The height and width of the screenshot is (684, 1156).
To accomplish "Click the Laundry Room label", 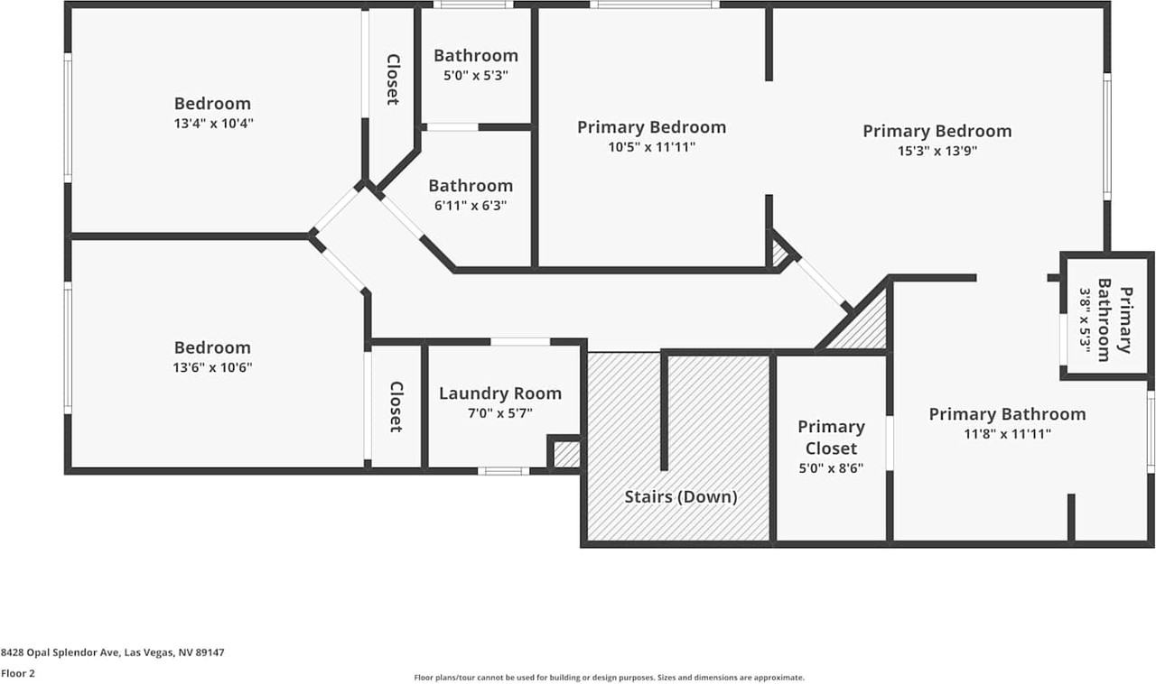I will click(499, 393).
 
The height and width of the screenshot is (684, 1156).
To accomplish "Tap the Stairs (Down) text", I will click(681, 497).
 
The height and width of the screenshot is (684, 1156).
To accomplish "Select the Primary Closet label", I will click(831, 438).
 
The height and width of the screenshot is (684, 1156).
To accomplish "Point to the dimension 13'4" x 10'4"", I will click(213, 124).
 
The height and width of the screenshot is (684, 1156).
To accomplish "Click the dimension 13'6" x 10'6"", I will click(213, 368).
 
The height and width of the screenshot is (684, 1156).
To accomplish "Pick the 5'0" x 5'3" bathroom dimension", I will click(476, 76).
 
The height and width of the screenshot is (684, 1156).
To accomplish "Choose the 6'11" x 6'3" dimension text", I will click(471, 206).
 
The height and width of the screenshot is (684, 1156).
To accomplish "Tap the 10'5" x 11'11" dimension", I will click(651, 147).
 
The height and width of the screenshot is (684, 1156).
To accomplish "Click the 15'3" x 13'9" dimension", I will click(937, 151).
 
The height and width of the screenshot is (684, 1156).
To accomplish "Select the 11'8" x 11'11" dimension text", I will click(1007, 434).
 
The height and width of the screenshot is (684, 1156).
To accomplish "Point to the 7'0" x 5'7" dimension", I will click(499, 413).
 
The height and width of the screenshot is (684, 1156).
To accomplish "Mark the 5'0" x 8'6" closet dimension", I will click(831, 468).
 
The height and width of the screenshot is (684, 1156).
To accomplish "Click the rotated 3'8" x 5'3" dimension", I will click(1086, 322).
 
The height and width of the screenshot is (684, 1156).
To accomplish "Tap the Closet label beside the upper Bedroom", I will click(393, 79).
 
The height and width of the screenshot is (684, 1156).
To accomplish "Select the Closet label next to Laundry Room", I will click(396, 406).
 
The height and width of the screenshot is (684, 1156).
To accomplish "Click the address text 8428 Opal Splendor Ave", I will click(113, 652).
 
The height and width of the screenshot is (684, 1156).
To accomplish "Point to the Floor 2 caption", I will click(17, 673).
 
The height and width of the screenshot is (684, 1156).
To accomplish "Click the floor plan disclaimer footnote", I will click(609, 678).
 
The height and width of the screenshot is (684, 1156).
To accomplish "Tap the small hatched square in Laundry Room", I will click(565, 454).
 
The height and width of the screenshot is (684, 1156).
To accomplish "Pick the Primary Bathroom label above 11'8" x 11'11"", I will click(1007, 414).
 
